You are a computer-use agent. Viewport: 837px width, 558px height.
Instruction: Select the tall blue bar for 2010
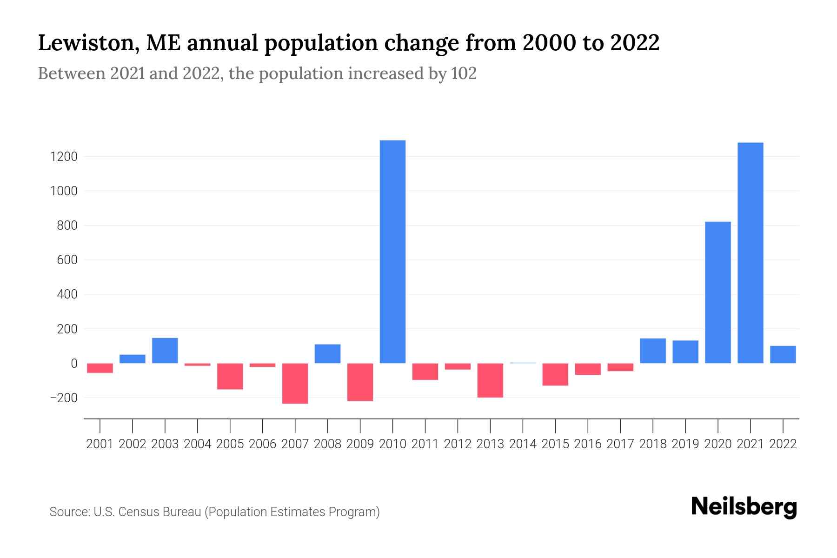point(392,252)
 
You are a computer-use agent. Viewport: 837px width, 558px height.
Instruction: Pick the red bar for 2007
point(295,383)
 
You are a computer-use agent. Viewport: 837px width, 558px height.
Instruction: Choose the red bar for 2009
point(360,382)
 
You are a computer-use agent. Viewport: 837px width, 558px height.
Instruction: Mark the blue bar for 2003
point(165,350)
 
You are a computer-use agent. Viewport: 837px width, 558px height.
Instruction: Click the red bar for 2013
point(490,380)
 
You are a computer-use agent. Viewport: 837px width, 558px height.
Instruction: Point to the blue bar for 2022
point(783,354)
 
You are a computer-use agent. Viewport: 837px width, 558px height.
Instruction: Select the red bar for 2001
point(100,368)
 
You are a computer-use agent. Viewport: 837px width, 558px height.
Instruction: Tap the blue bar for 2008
point(327,353)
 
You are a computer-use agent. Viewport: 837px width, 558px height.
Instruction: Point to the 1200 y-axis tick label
point(63,157)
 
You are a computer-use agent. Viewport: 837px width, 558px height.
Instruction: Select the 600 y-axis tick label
point(67,260)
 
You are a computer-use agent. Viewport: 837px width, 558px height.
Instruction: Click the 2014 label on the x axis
point(523,444)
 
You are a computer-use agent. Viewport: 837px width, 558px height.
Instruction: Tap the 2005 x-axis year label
point(230,444)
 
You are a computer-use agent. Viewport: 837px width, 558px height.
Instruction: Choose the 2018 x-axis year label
point(653,444)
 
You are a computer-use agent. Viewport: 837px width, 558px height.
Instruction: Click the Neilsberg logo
point(744,507)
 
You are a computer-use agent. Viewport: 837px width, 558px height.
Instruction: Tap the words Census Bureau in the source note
point(160,512)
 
